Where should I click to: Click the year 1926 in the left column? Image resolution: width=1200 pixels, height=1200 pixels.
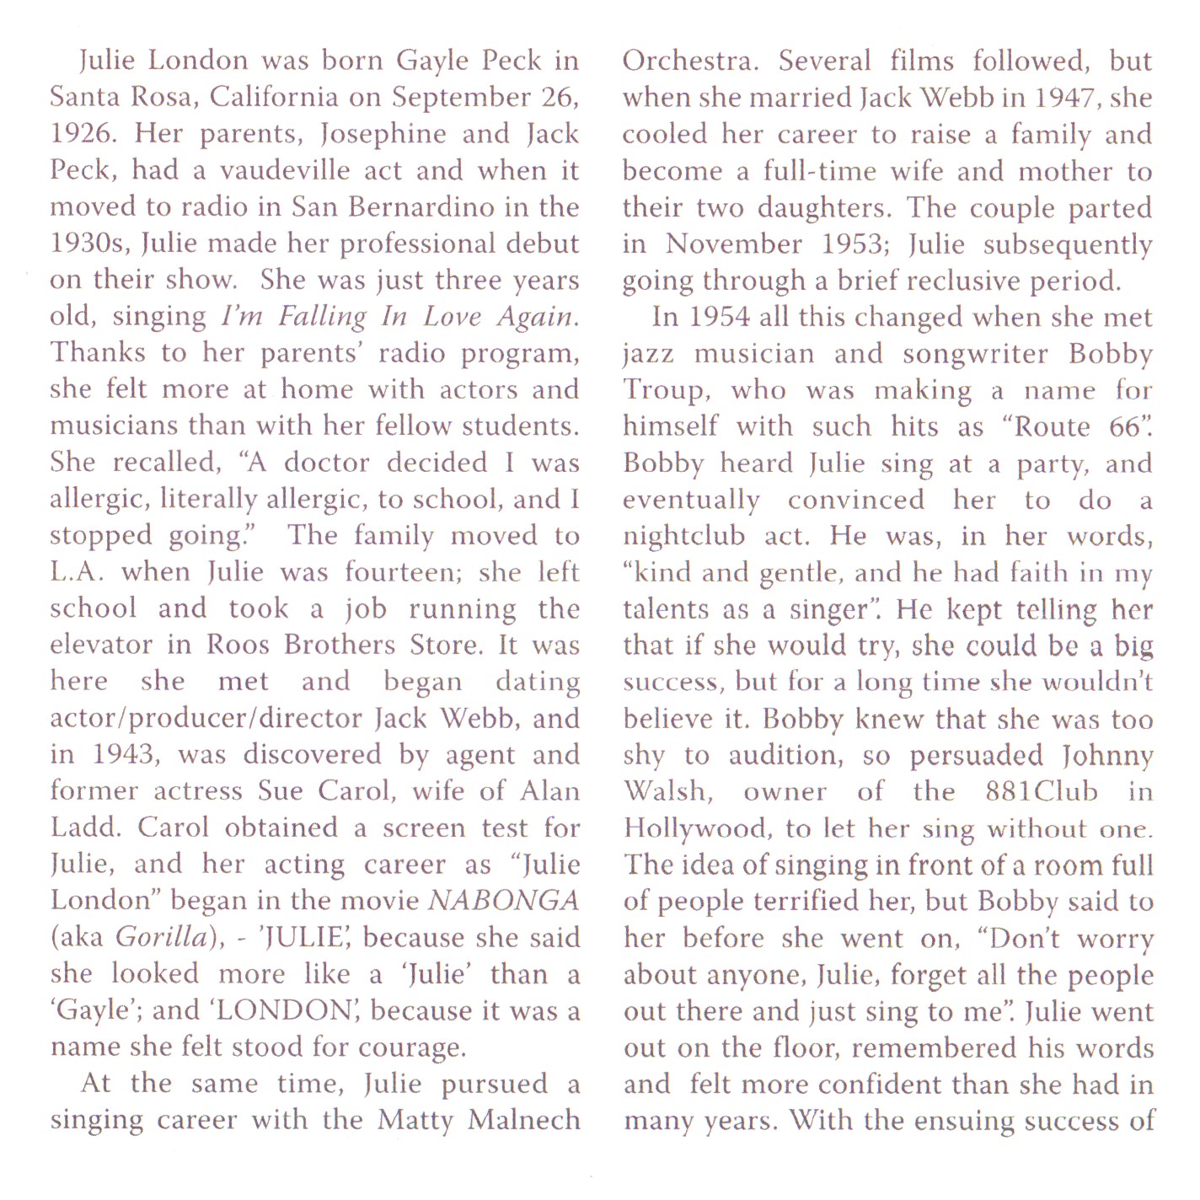[81, 134]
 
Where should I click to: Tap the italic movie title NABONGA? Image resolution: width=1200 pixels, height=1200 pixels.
[504, 901]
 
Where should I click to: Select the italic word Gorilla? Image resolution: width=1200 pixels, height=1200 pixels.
[161, 937]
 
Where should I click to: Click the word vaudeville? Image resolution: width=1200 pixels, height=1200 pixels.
[285, 170]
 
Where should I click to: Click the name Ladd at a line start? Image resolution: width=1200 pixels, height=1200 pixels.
[85, 828]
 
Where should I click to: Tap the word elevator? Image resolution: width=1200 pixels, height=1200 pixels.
[102, 646]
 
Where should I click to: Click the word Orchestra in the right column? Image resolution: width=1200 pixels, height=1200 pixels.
[689, 61]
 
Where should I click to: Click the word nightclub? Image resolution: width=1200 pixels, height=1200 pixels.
[684, 537]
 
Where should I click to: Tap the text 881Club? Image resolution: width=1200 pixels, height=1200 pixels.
[1042, 792]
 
